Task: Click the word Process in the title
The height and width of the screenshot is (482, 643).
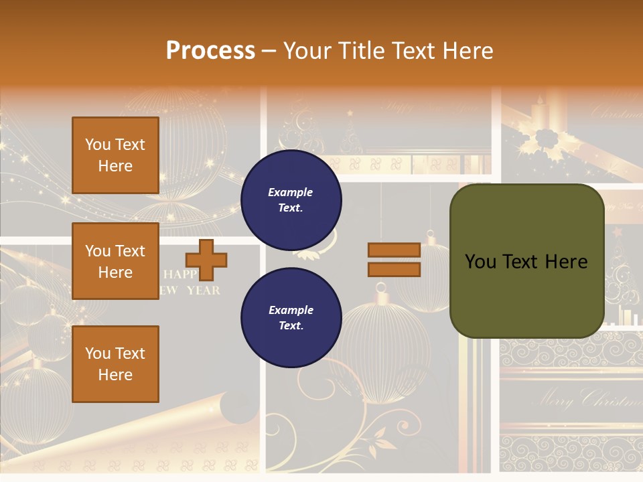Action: pos(210,51)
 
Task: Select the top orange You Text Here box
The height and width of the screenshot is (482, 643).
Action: pos(115,155)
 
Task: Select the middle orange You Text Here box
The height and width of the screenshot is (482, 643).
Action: pos(115,261)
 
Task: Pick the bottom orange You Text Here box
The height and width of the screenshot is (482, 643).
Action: pos(115,364)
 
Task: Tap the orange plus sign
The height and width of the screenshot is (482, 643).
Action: pos(206,260)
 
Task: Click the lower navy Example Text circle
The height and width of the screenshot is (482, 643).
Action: pos(291,317)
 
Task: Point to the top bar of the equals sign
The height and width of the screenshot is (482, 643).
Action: pos(395,250)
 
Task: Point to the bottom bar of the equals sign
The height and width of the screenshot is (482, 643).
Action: pos(395,269)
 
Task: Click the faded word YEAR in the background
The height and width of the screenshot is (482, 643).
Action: pos(203,291)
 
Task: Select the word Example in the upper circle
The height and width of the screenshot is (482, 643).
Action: pos(290,192)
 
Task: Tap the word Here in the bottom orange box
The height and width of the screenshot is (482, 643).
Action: pos(115,375)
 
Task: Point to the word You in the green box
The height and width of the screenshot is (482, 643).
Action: pos(480,262)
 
